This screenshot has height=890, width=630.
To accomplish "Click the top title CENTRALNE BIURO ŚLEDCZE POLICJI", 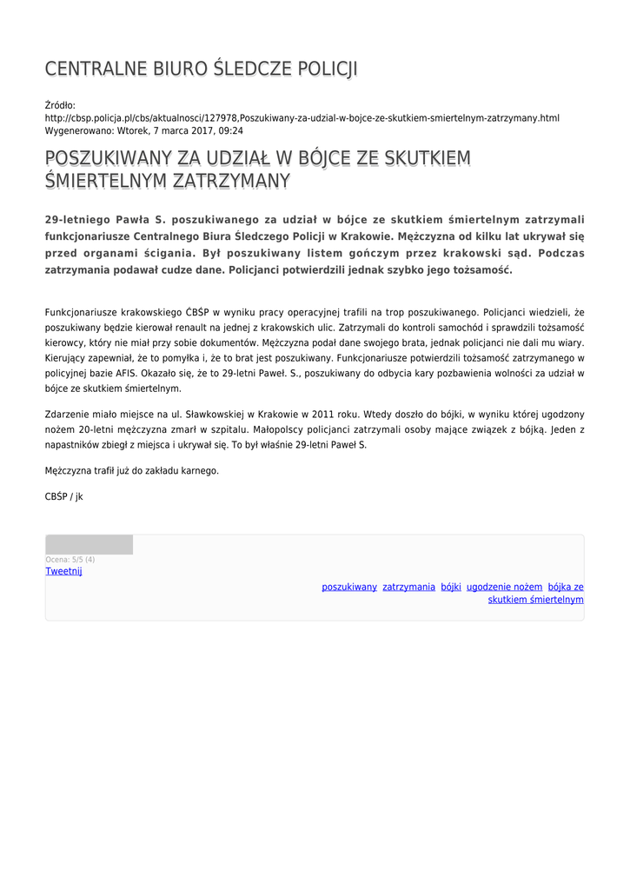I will pyautogui.click(x=201, y=70).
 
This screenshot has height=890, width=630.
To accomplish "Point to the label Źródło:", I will pyautogui.click(x=60, y=105).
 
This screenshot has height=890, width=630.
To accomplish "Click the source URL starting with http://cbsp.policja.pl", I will pyautogui.click(x=302, y=117).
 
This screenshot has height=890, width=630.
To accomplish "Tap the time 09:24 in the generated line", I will pyautogui.click(x=231, y=130).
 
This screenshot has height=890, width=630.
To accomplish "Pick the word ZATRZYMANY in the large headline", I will pyautogui.click(x=231, y=181).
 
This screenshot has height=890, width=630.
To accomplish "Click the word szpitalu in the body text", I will pyautogui.click(x=245, y=430).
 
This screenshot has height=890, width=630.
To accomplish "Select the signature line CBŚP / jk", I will pyautogui.click(x=63, y=496).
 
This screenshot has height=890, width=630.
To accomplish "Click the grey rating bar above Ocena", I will pyautogui.click(x=89, y=545).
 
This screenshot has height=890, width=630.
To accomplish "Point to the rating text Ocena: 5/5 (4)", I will pyautogui.click(x=70, y=560).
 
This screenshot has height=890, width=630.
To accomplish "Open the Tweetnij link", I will pyautogui.click(x=63, y=571).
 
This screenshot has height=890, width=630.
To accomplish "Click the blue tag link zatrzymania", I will pyautogui.click(x=408, y=587).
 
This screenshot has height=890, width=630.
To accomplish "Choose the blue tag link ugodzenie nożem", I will pyautogui.click(x=504, y=587).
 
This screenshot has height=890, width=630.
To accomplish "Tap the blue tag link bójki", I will pyautogui.click(x=450, y=587).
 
